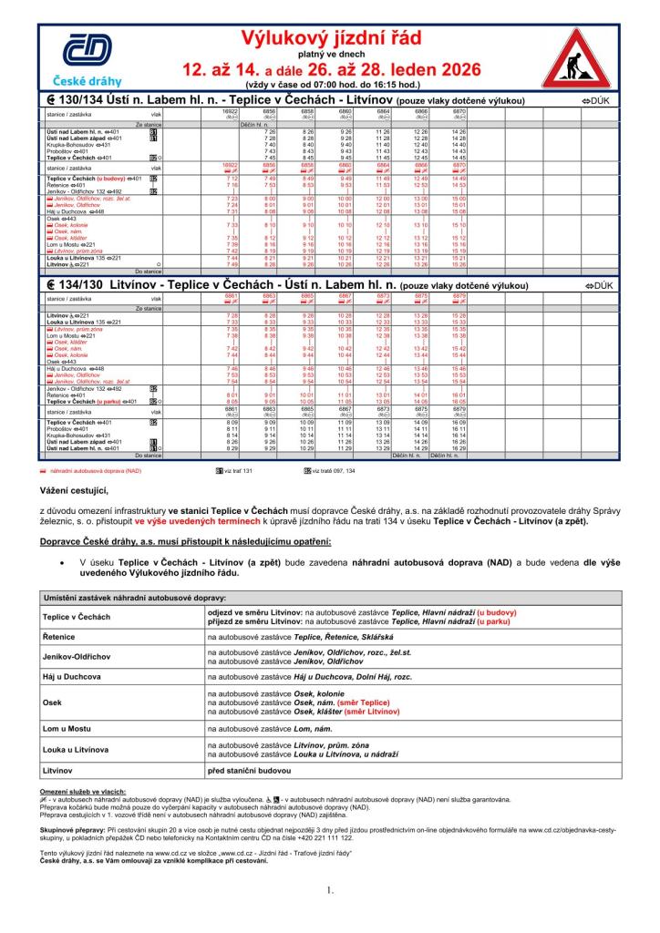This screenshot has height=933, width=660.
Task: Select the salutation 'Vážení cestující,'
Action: pyautogui.click(x=76, y=490)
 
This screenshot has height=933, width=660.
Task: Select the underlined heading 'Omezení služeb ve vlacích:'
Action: pyautogui.click(x=83, y=791)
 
